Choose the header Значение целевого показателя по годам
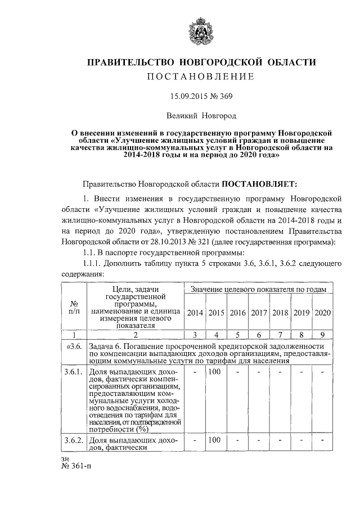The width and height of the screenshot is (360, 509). [258, 289]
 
